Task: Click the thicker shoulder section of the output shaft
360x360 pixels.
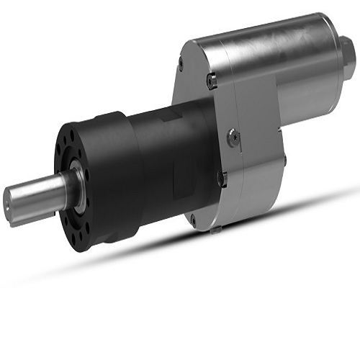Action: [62, 189]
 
